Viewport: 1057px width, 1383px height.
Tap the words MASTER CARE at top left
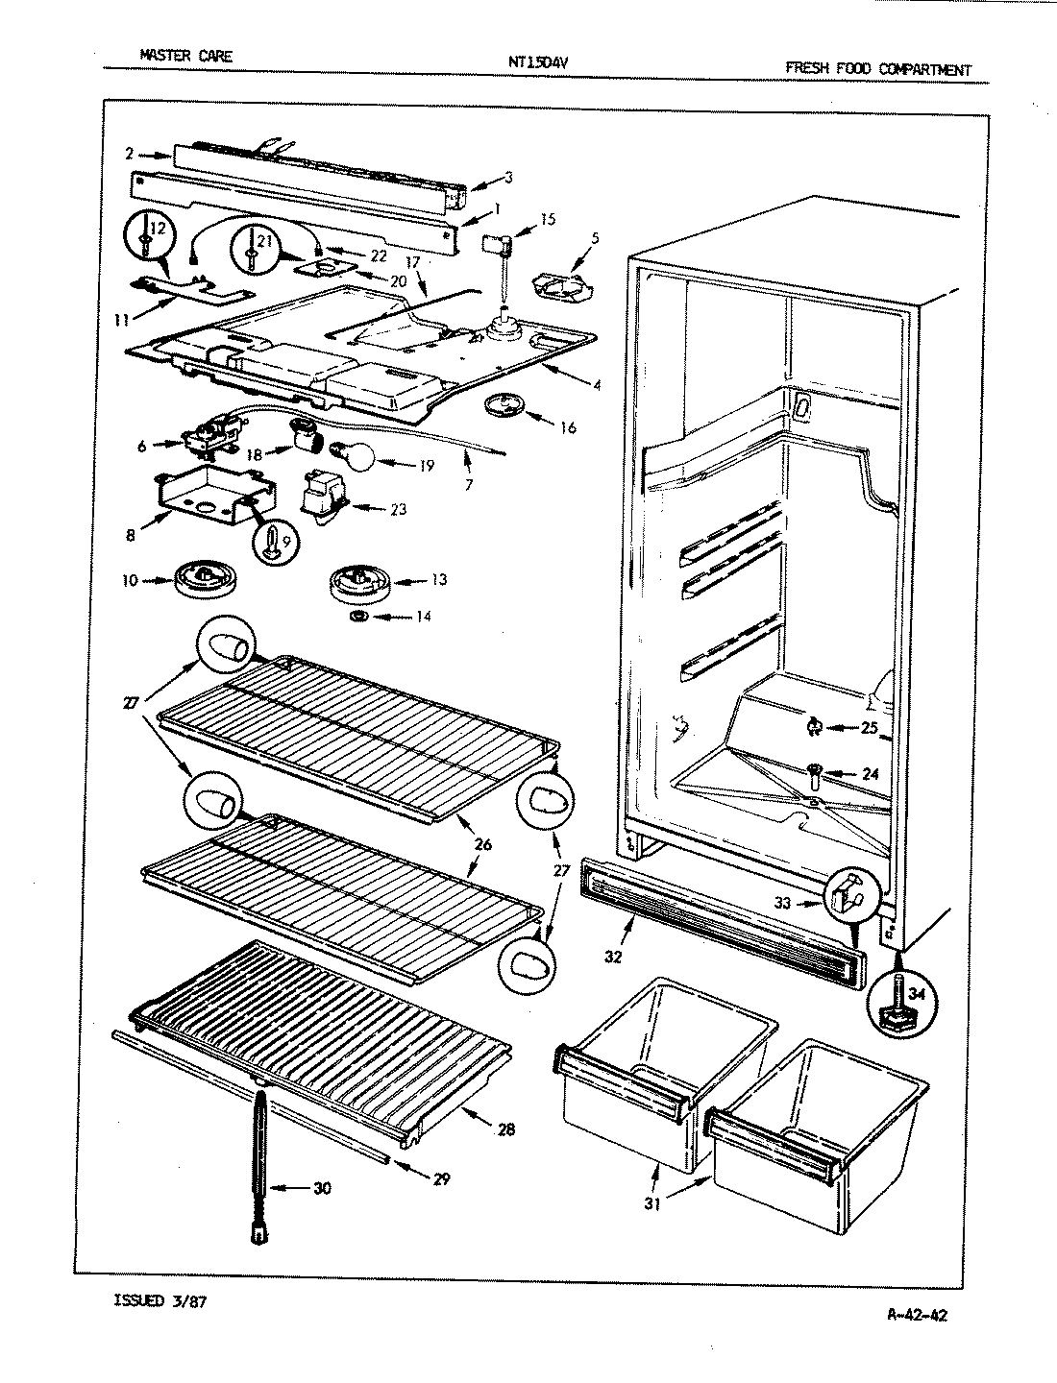[x=185, y=56]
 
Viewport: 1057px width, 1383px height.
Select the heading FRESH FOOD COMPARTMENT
[x=877, y=69]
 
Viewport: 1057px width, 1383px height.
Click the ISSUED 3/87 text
[x=159, y=1302]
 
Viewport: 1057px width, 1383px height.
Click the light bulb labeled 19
[x=352, y=454]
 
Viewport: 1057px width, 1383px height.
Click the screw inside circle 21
[x=250, y=245]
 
